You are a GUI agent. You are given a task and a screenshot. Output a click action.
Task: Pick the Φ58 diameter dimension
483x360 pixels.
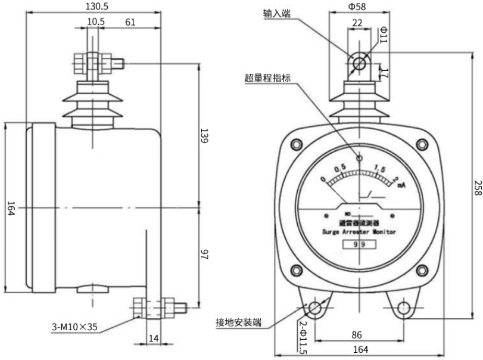(357, 7)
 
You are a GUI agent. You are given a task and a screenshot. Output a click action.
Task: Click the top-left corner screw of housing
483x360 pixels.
(295, 144)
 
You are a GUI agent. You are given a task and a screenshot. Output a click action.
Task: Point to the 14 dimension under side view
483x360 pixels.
(154, 338)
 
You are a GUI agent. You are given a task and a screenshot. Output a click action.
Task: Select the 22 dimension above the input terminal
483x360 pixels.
(357, 22)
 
